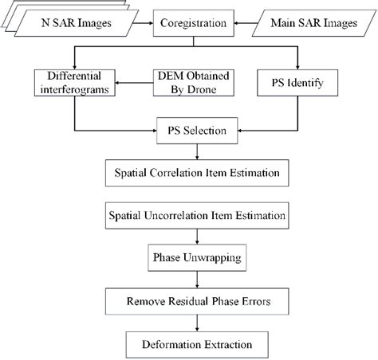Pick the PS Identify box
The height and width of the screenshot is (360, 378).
(x=299, y=80)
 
